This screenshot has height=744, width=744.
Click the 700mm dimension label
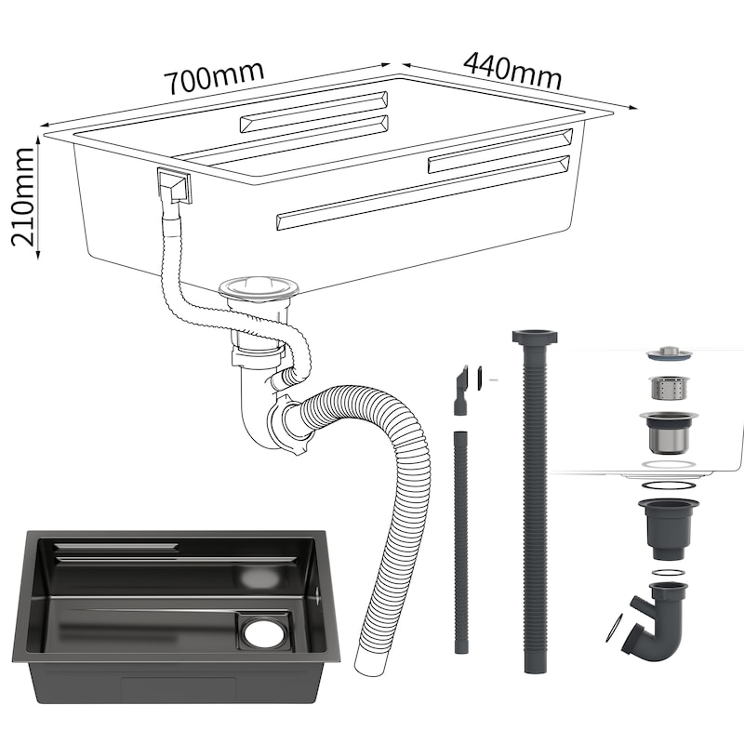tap(214, 76)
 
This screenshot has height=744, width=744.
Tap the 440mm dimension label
tap(512, 71)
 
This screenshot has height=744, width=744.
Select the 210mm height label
tap(23, 196)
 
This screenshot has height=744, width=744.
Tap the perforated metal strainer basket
tap(668, 388)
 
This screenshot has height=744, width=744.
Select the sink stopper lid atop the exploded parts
tap(669, 353)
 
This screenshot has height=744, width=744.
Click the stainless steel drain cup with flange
tap(669, 432)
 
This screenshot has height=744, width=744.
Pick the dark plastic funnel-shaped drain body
tap(669, 528)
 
